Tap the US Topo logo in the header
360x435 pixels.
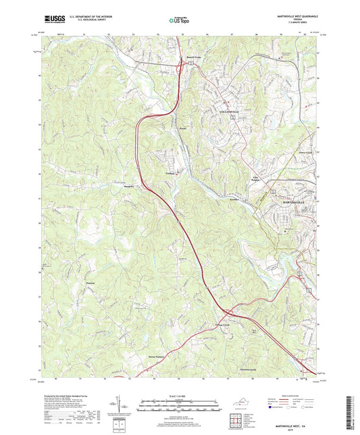click(178, 20)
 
